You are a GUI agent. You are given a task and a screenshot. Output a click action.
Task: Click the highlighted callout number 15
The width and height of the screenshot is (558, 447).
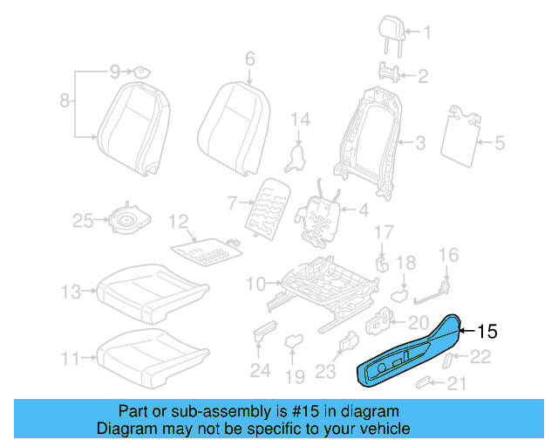click(487, 332)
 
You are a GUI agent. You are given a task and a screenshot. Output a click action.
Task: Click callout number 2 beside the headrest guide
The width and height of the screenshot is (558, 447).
click(423, 76)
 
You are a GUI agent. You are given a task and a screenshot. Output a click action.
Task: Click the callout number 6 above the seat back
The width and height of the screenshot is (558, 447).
click(249, 59)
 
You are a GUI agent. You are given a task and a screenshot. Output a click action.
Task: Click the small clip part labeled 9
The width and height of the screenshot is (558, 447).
click(139, 71)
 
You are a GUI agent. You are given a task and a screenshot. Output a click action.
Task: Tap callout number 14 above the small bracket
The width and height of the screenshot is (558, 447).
click(300, 119)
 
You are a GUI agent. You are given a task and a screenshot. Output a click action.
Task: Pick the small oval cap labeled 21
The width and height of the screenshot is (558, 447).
click(424, 382)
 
